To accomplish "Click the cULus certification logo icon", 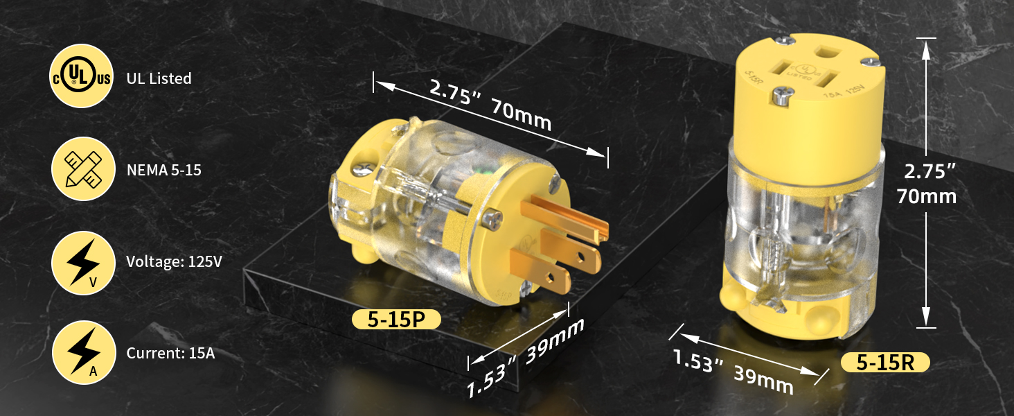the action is (82, 76).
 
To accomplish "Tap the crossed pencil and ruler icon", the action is (83, 169).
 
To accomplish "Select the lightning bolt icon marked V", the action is (83, 263).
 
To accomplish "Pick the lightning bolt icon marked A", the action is (83, 352).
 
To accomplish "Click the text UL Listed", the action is (159, 78).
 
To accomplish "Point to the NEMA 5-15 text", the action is (164, 170).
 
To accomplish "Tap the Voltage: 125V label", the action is (175, 261).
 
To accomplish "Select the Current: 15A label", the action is (170, 353).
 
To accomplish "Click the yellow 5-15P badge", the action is (397, 320).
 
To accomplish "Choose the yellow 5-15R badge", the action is (885, 363).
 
